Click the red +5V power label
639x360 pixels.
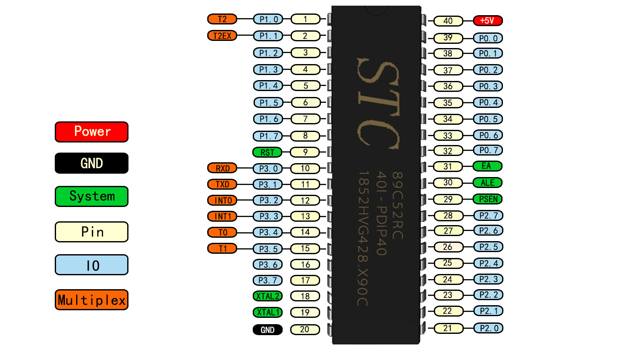pos(488,21)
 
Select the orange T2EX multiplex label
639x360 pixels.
pos(222,36)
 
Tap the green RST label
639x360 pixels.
pos(267,153)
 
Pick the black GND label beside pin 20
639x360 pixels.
pos(267,330)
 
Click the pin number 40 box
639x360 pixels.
pos(448,21)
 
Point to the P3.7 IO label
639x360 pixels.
pos(267,280)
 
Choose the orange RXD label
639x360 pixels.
pos(222,168)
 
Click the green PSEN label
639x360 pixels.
pos(488,199)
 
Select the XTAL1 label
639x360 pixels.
pos(267,312)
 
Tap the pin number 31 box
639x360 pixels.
pos(448,167)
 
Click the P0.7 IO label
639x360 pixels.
pos(488,150)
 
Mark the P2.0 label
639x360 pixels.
pos(488,328)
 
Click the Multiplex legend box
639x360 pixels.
pos(91,300)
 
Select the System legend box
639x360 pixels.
pos(91,196)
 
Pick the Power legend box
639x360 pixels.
pos(91,132)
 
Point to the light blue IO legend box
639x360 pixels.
pos(91,265)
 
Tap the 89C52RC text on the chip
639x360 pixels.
pos(397,206)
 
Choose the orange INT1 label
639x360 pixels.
pos(222,216)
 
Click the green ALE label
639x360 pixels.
pos(488,183)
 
